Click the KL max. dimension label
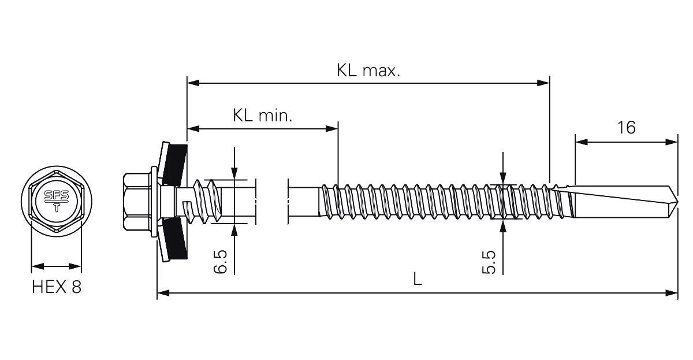tap(368, 70)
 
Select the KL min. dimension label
tap(262, 116)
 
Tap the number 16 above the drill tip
tap(626, 128)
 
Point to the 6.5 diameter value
tap(221, 262)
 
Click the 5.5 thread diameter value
tap(489, 262)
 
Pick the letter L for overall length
tap(418, 279)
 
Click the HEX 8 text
tap(57, 287)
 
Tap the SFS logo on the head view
tap(57, 195)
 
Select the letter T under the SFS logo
tap(57, 207)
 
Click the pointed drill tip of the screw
tap(677, 202)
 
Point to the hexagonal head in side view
tap(136, 202)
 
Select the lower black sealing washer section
tap(175, 239)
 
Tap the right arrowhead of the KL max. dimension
tap(543, 83)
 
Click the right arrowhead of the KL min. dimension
tap(332, 128)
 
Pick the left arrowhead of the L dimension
tap(163, 293)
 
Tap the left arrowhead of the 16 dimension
tap(582, 142)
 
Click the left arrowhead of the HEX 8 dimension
tap(38, 266)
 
